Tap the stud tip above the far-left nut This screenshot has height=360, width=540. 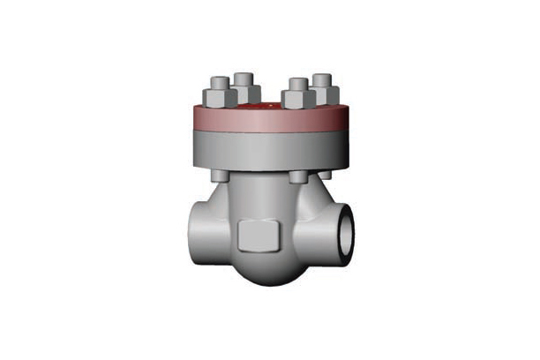[217, 80]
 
